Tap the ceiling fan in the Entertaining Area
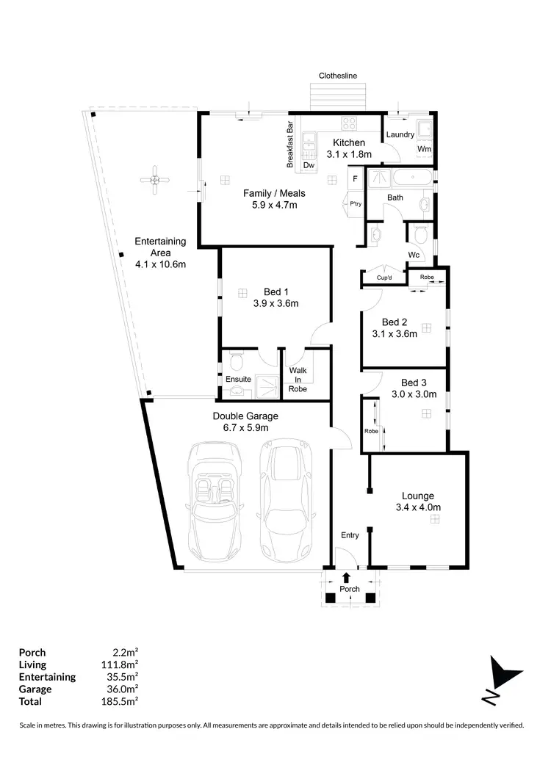(155, 180)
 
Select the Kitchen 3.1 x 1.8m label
(349, 148)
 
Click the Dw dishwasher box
(309, 165)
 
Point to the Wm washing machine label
(424, 149)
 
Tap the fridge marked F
(355, 178)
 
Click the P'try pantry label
(355, 204)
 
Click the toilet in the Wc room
(420, 235)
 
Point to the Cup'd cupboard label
(383, 278)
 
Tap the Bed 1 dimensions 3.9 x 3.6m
(275, 302)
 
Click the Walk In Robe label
(298, 380)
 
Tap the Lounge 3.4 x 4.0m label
(417, 501)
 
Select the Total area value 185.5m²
(123, 703)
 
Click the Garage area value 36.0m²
(123, 690)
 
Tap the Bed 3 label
(414, 383)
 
